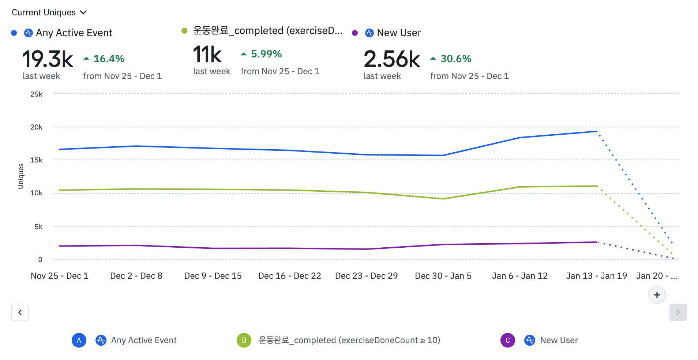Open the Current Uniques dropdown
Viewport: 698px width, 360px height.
tap(49, 12)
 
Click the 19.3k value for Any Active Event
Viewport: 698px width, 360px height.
tap(48, 59)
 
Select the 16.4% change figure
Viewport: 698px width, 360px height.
tap(109, 59)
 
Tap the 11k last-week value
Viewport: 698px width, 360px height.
tap(207, 55)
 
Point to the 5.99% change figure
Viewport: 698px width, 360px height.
tap(266, 54)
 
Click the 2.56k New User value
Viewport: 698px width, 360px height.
tap(392, 59)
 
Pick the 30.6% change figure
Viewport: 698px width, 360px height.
tap(455, 59)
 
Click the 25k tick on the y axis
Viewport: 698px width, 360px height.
tap(36, 94)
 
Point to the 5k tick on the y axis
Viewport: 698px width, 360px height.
tap(38, 227)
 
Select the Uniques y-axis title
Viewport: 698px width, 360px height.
tap(21, 176)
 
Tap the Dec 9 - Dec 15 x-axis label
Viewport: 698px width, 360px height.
tap(213, 276)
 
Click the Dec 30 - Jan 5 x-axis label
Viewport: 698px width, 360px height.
tap(443, 276)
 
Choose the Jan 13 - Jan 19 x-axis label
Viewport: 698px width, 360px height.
tap(596, 276)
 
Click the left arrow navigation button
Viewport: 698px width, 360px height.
tap(20, 312)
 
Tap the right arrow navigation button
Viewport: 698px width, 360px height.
tap(678, 312)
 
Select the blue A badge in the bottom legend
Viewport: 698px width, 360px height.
tap(79, 340)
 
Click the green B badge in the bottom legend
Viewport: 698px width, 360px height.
tap(244, 340)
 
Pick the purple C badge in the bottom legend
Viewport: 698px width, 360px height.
tap(508, 340)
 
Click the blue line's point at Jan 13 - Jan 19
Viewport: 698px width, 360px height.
tap(597, 131)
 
